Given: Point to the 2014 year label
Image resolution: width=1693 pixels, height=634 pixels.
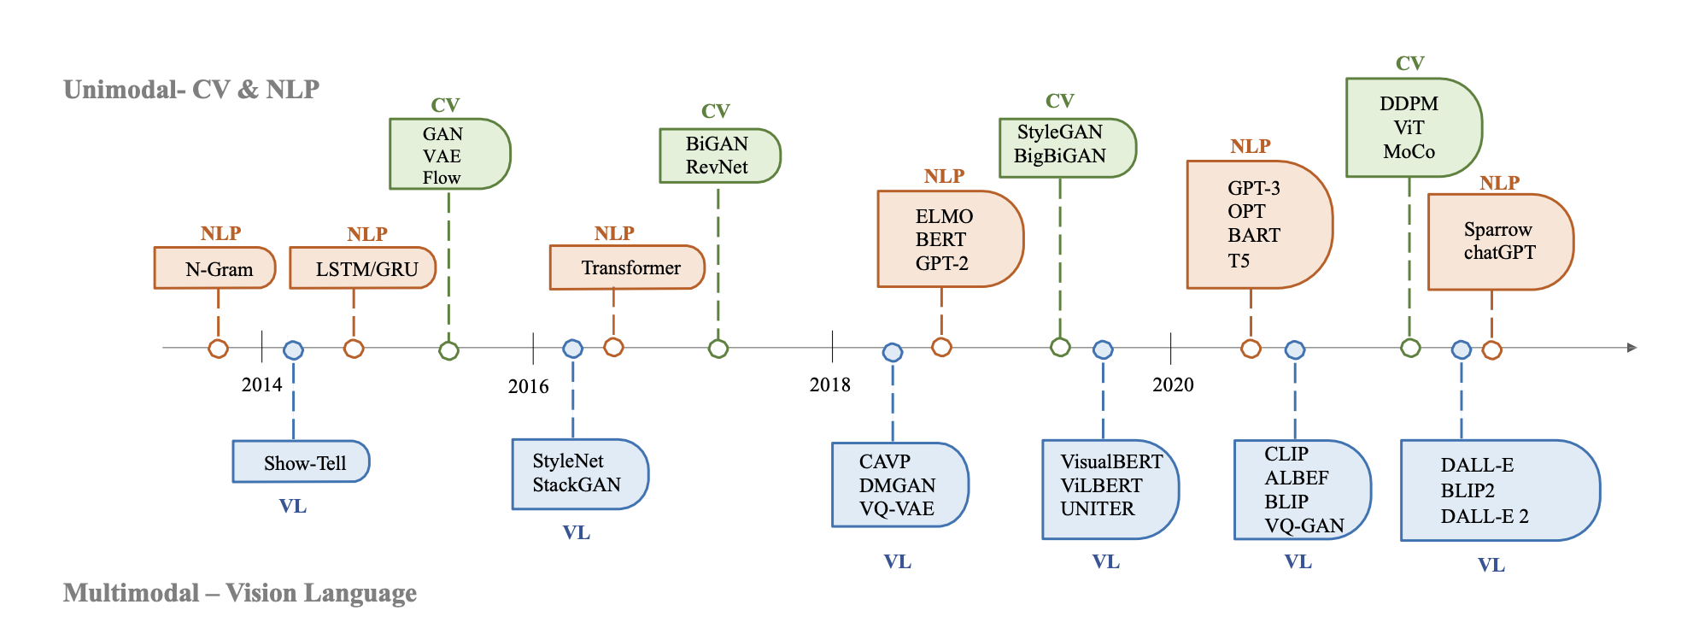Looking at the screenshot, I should coord(261,385).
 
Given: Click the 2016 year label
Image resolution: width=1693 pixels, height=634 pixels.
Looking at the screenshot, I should coord(528,386).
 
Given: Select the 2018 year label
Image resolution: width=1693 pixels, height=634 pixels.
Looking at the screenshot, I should coord(829,385).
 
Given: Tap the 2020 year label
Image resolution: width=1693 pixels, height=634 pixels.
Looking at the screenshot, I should coord(1173,385).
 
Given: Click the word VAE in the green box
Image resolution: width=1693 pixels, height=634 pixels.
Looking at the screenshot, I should coord(442,156).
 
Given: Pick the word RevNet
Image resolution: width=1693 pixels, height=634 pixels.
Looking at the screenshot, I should coord(717,167).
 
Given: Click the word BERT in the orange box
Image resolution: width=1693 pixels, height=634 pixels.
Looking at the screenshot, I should coord(940,239).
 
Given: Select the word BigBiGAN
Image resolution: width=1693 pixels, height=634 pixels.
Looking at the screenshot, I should coord(1059,156).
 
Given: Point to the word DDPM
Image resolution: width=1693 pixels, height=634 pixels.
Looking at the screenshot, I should coord(1409,103).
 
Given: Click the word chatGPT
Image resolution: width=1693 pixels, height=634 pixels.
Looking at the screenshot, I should coord(1499,252).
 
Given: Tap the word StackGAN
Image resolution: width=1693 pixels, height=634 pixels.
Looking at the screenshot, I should coord(577,484).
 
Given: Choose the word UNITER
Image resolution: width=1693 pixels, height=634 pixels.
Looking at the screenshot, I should coord(1097,508).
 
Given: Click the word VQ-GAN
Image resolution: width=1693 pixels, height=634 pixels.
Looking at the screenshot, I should coord(1304,525).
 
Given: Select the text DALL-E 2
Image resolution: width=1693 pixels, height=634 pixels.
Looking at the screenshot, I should coord(1484,516).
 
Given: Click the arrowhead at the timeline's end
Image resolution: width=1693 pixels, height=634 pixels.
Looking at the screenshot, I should coord(1631,348).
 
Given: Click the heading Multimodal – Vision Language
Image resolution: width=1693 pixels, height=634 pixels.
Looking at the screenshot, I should coord(240,592).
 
